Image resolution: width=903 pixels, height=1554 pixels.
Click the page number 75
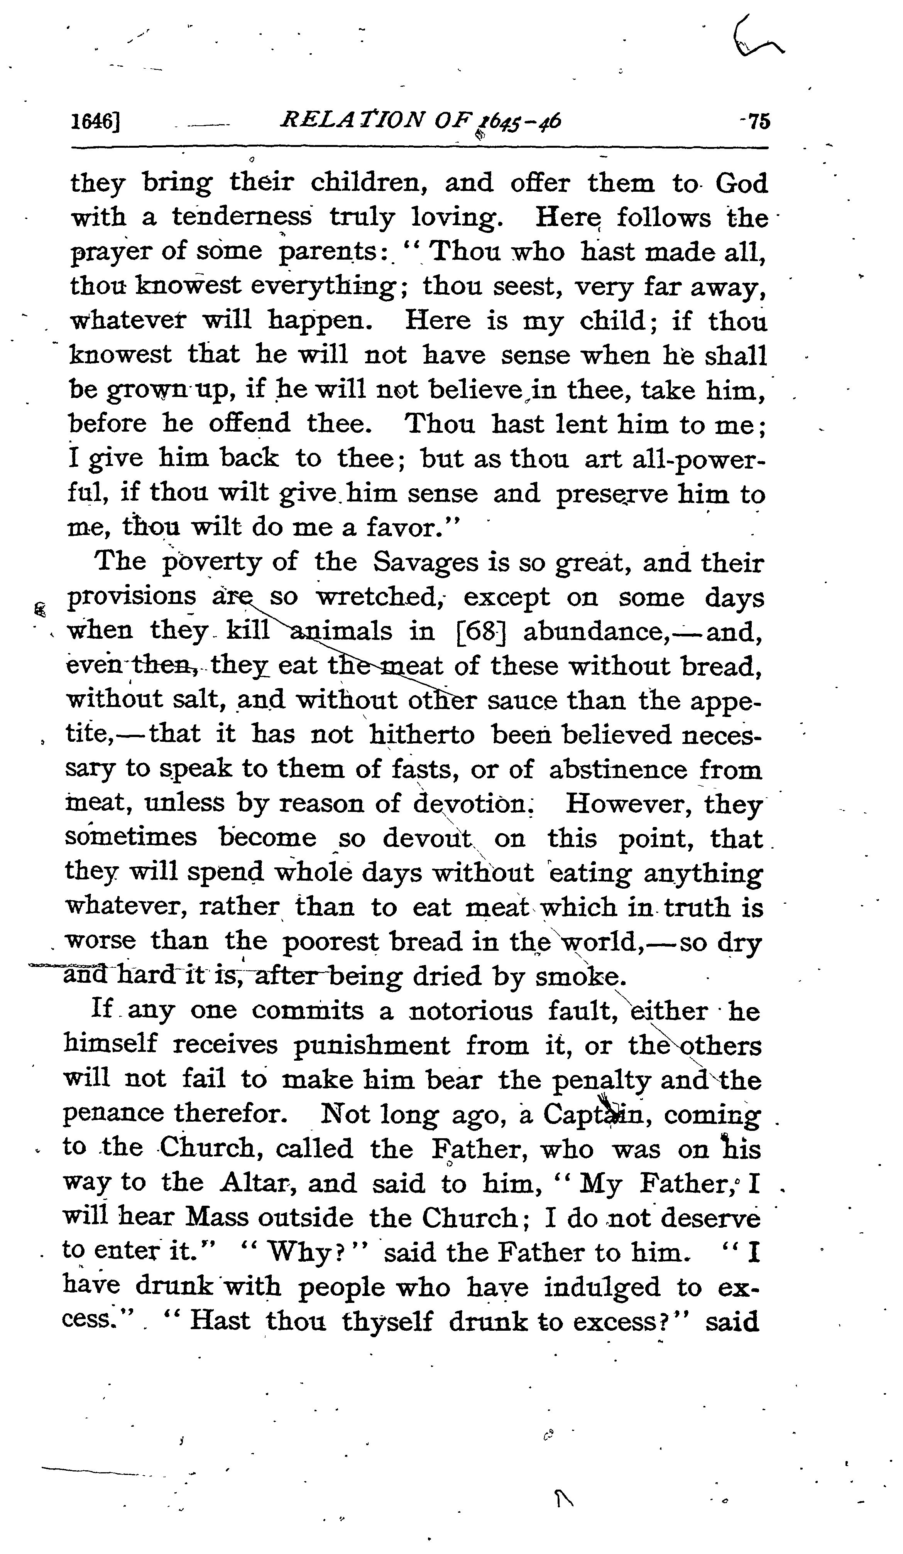pyautogui.click(x=759, y=121)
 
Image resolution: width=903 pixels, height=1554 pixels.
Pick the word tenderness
pyautogui.click(x=241, y=217)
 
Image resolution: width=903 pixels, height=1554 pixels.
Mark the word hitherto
pyautogui.click(x=423, y=735)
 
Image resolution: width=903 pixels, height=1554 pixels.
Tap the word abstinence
pyautogui.click(x=618, y=769)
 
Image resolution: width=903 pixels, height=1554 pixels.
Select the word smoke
pyautogui.click(x=576, y=977)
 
